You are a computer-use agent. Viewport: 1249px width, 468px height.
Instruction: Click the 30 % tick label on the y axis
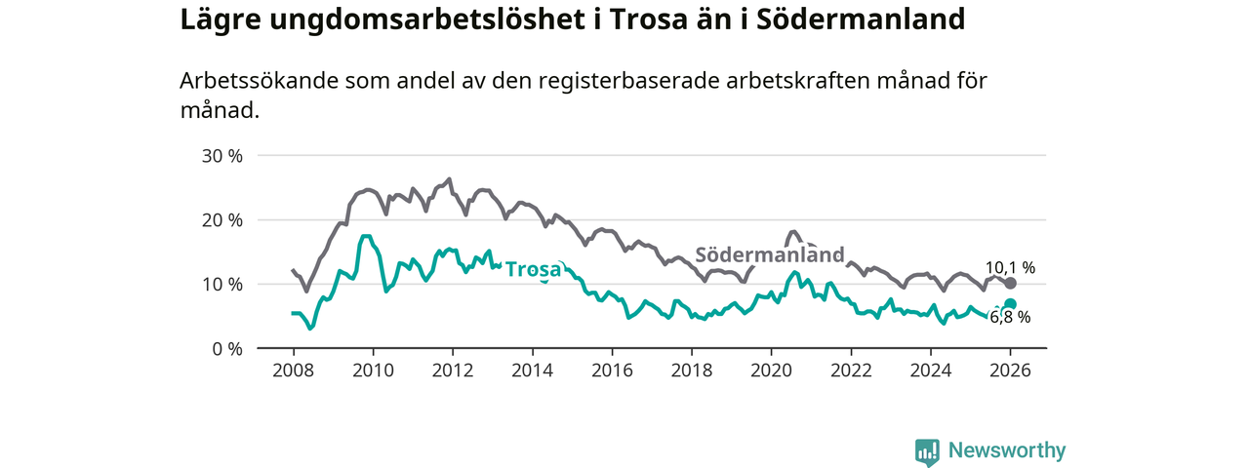coord(222,156)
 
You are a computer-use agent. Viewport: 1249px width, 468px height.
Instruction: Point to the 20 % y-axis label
coord(222,220)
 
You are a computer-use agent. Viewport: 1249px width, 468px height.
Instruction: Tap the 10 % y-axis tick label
coord(222,285)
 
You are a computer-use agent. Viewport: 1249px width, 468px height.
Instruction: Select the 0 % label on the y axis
coord(226,348)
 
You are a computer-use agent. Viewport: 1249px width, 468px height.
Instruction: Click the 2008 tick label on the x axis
coord(293,370)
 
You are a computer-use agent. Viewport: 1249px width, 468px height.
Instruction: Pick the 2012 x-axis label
coord(452,370)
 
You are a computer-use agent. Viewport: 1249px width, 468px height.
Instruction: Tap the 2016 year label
coord(612,370)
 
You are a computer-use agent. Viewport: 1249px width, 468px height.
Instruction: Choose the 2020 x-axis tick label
coord(771,370)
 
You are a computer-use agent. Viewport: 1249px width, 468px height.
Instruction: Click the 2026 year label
coord(1010,370)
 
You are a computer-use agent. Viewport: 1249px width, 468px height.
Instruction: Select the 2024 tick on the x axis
coord(931,370)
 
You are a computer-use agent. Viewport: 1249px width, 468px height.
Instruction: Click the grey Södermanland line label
coord(769,255)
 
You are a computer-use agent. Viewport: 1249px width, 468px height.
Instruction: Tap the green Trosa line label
coord(533,270)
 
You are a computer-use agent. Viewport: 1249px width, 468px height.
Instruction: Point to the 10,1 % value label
coord(1010,266)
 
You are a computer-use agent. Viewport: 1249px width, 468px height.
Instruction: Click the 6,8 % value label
coord(1010,317)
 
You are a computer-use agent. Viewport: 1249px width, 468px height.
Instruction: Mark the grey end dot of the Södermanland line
coord(1010,283)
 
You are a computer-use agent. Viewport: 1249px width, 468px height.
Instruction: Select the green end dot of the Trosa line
coord(1010,304)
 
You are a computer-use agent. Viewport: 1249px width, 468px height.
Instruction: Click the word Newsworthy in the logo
coord(1007,450)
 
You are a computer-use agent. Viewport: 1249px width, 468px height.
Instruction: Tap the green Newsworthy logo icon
coord(927,450)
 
